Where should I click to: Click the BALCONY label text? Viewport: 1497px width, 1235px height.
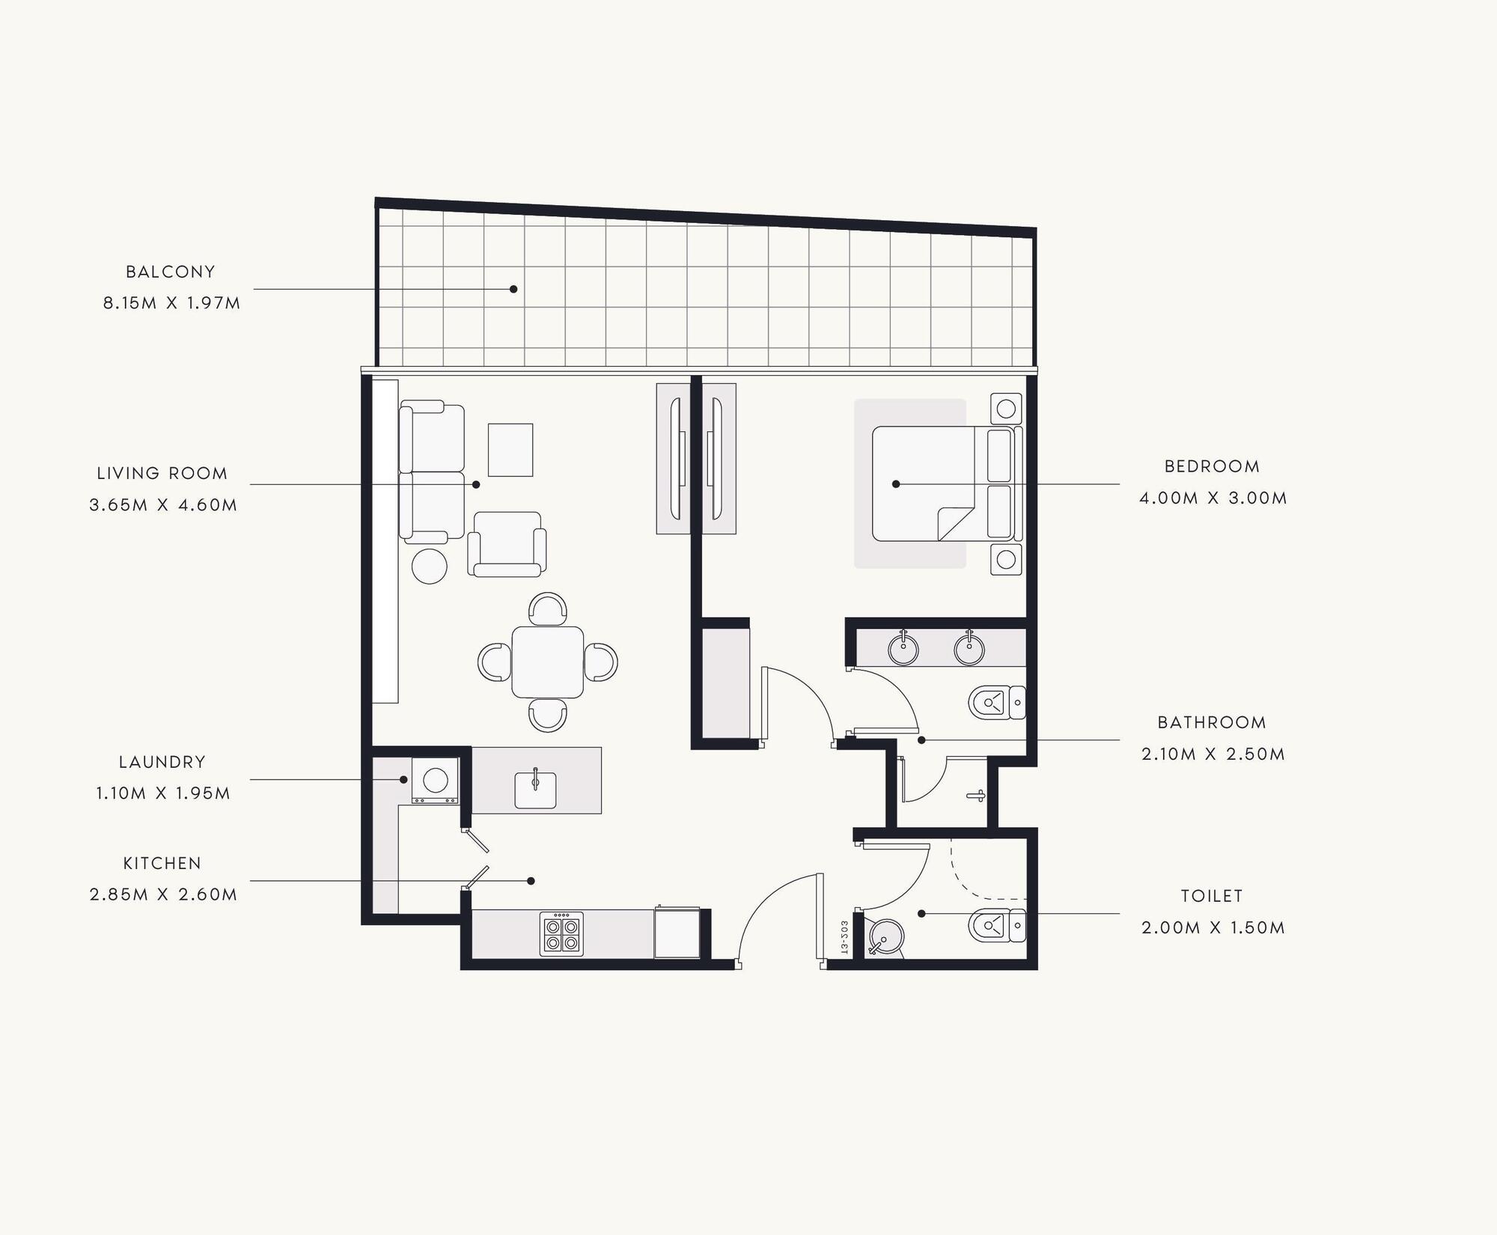pyautogui.click(x=171, y=272)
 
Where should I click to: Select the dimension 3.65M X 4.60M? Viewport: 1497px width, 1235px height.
pyautogui.click(x=163, y=505)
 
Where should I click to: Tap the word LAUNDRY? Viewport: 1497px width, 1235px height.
pyautogui.click(x=162, y=762)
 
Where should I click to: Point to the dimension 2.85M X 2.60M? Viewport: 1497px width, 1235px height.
pyautogui.click(x=163, y=894)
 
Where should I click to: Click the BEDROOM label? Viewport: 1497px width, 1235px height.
pyautogui.click(x=1212, y=466)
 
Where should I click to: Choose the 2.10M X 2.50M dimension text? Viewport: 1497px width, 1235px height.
pyautogui.click(x=1213, y=754)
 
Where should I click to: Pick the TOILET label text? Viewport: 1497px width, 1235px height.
pyautogui.click(x=1212, y=896)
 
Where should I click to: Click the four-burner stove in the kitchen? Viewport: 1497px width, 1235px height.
pyautogui.click(x=561, y=934)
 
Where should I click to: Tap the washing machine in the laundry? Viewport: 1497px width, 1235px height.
pyautogui.click(x=435, y=781)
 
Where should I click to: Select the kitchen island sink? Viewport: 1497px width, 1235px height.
pyautogui.click(x=535, y=790)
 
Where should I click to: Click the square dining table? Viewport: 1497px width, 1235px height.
pyautogui.click(x=548, y=662)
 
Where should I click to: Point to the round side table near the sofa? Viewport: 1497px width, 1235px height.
pyautogui.click(x=430, y=566)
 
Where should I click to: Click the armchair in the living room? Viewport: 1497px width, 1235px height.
pyautogui.click(x=507, y=544)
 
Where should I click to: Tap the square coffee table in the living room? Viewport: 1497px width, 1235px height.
pyautogui.click(x=510, y=450)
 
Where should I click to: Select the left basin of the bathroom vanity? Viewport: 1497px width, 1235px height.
pyautogui.click(x=903, y=649)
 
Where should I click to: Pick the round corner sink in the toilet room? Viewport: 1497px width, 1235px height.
pyautogui.click(x=886, y=938)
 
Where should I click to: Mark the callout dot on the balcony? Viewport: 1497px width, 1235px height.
pyautogui.click(x=513, y=289)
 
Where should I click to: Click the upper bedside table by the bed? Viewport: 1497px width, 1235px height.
pyautogui.click(x=1006, y=409)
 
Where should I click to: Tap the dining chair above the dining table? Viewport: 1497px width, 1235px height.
pyautogui.click(x=548, y=609)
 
